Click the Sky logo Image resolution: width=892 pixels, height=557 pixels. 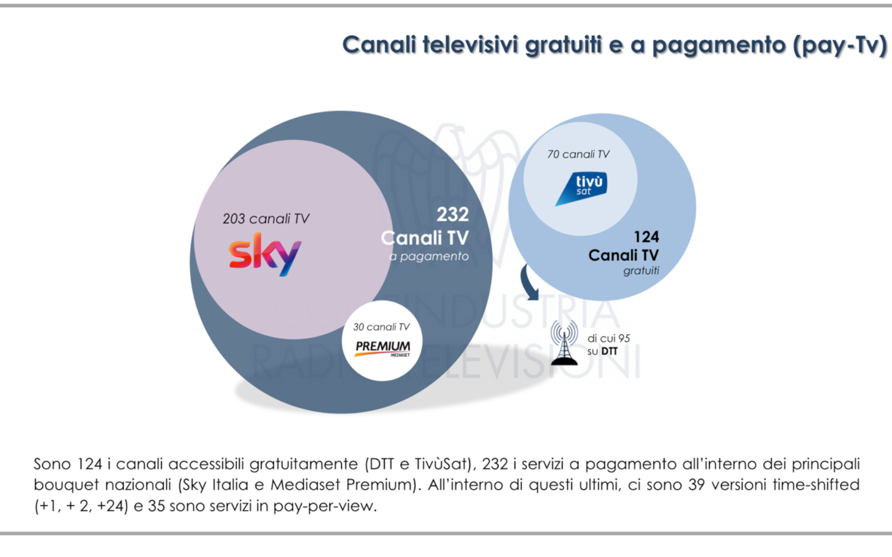(x=265, y=255)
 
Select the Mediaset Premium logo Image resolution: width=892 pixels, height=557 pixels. (x=383, y=348)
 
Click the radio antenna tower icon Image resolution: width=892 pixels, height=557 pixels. (x=564, y=344)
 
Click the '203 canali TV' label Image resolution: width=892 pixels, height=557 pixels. (x=265, y=219)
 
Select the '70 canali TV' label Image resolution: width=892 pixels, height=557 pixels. (x=578, y=154)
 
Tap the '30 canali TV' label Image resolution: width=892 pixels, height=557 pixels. (x=381, y=327)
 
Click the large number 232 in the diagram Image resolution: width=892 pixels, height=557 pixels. (x=452, y=214)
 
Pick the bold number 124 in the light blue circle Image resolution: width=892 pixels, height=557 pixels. (x=646, y=237)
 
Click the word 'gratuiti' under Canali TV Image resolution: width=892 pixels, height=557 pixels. (x=641, y=271)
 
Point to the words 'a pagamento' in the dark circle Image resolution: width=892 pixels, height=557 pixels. (x=429, y=256)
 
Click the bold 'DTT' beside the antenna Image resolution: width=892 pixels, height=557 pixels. (x=609, y=351)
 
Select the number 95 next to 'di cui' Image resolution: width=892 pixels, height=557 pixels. (x=624, y=338)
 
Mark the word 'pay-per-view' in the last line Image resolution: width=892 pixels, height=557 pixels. (x=324, y=506)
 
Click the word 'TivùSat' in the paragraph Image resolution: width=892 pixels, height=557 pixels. (x=443, y=464)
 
